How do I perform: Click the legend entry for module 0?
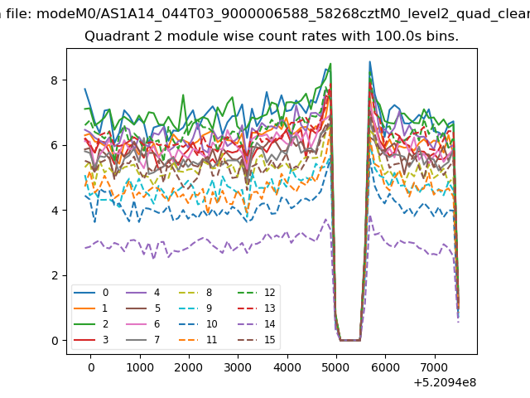pyautogui.click(x=91, y=293)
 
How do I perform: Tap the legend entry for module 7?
pyautogui.click(x=143, y=339)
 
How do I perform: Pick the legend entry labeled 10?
pyautogui.click(x=197, y=324)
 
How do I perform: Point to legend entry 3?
pyautogui.click(x=91, y=339)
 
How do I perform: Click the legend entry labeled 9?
pyautogui.click(x=195, y=308)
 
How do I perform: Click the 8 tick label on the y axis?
pyautogui.click(x=55, y=80)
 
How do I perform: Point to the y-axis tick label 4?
pyautogui.click(x=55, y=211)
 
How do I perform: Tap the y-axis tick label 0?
pyautogui.click(x=55, y=341)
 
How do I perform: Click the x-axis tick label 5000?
pyautogui.click(x=336, y=367)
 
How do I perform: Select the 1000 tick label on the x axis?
pyautogui.click(x=140, y=367)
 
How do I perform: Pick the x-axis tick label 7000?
pyautogui.click(x=435, y=367)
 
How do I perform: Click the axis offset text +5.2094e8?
pyautogui.click(x=445, y=382)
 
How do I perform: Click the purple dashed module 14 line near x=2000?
pyautogui.click(x=189, y=248)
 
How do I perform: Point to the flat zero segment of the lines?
pyautogui.click(x=350, y=340)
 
